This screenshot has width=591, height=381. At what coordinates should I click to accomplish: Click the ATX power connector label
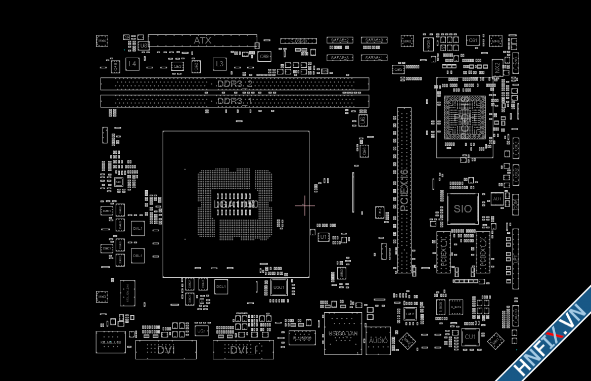pos(202,40)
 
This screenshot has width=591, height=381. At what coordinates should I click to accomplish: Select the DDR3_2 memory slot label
pos(235,83)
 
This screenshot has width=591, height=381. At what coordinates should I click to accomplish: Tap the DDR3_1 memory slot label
pos(235,101)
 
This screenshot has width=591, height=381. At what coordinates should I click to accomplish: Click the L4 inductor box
pos(132,64)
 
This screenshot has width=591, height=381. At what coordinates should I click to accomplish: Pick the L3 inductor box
pos(219,64)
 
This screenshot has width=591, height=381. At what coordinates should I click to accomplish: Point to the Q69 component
pos(264,57)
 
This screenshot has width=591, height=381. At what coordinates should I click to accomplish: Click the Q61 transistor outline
pos(473,40)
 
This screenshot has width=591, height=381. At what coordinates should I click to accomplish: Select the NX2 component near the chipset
pos(497,67)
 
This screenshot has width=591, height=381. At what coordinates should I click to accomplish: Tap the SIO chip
pos(463,208)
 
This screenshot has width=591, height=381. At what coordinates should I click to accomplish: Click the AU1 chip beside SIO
pos(497,199)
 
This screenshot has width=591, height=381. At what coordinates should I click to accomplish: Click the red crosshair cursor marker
pos(304,205)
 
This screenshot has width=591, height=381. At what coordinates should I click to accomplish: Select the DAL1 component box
pos(138,229)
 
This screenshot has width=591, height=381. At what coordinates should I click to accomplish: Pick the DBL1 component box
pos(138,256)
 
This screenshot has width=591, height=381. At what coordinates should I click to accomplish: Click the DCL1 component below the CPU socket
pos(221,286)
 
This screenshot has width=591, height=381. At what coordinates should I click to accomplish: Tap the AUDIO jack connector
pos(378,341)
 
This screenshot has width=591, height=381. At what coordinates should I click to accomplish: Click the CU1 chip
pos(470,337)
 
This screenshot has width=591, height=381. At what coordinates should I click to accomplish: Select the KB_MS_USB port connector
pos(110,342)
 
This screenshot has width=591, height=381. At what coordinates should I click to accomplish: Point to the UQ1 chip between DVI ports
pos(201,331)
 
